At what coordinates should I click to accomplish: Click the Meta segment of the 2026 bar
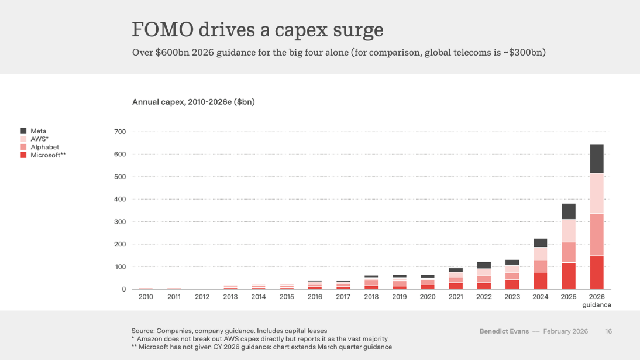(596, 159)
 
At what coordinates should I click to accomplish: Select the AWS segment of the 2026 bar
(596, 193)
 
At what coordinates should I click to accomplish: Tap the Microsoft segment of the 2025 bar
(568, 276)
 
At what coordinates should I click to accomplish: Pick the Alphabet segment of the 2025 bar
(568, 252)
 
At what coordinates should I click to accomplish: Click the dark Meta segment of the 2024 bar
(540, 243)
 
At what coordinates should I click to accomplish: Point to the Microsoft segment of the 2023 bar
(512, 284)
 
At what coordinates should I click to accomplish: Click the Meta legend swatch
(23, 131)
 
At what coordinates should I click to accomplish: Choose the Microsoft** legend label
(47, 155)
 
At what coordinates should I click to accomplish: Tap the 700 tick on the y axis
(119, 132)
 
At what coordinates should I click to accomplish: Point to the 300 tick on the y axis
(119, 222)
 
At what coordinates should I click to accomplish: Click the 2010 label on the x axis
(146, 297)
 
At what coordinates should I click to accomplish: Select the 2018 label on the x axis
(371, 297)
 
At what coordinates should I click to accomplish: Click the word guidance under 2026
(596, 305)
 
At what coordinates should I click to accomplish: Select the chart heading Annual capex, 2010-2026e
(193, 102)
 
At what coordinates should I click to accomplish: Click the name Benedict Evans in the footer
(504, 331)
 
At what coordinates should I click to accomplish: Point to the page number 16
(608, 331)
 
